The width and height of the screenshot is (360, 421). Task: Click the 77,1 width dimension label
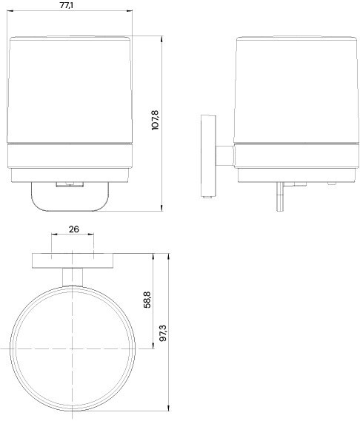click(x=67, y=5)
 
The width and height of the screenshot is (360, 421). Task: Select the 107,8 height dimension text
click(x=156, y=120)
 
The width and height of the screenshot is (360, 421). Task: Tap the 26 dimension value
click(x=73, y=229)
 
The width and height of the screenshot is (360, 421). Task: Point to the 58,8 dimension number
click(x=147, y=300)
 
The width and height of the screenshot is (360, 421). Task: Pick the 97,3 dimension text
click(x=163, y=333)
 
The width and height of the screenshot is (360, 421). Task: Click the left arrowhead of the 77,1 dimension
click(x=10, y=11)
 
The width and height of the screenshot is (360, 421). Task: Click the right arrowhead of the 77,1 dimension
click(x=130, y=11)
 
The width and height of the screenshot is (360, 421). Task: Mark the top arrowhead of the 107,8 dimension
click(x=161, y=39)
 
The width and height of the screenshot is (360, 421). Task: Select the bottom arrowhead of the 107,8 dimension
click(x=161, y=208)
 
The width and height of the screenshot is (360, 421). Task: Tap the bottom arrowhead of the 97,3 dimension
click(x=168, y=408)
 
